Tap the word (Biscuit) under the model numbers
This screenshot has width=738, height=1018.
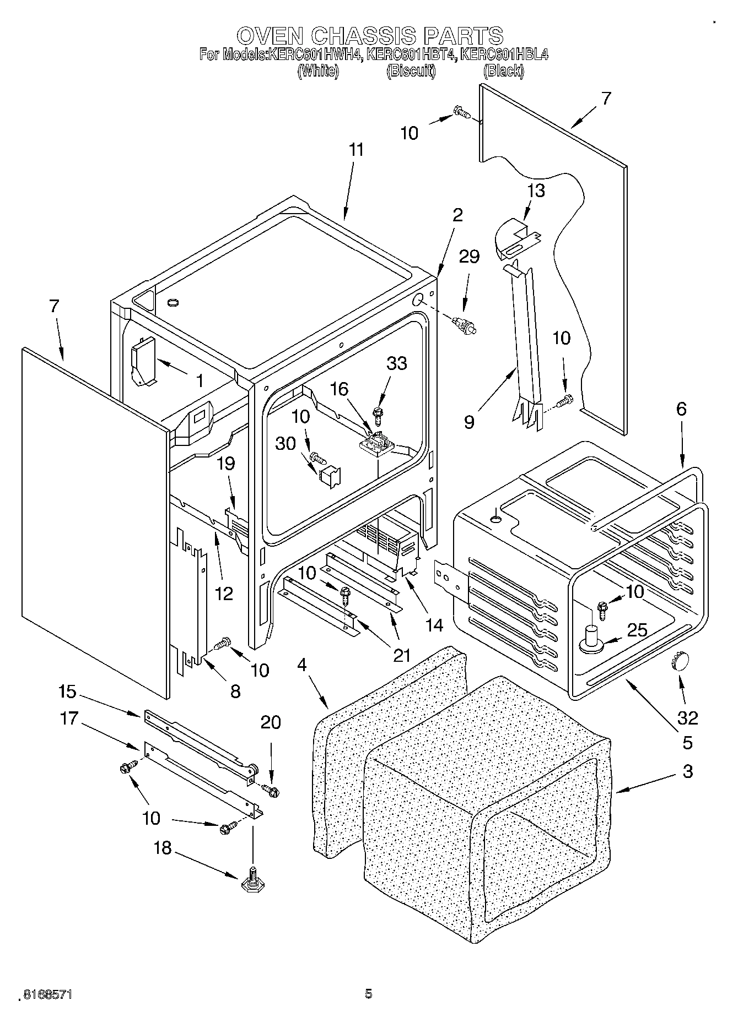click(411, 71)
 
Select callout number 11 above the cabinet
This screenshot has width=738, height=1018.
click(357, 150)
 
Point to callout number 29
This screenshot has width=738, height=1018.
click(469, 257)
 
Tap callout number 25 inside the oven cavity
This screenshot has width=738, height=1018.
click(637, 630)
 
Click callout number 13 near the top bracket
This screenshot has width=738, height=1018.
click(536, 190)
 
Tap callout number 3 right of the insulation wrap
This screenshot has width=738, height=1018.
click(687, 771)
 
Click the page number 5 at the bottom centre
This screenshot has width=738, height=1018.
click(368, 994)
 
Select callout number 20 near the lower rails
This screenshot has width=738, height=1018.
click(271, 722)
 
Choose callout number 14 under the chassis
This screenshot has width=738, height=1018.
click(434, 625)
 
